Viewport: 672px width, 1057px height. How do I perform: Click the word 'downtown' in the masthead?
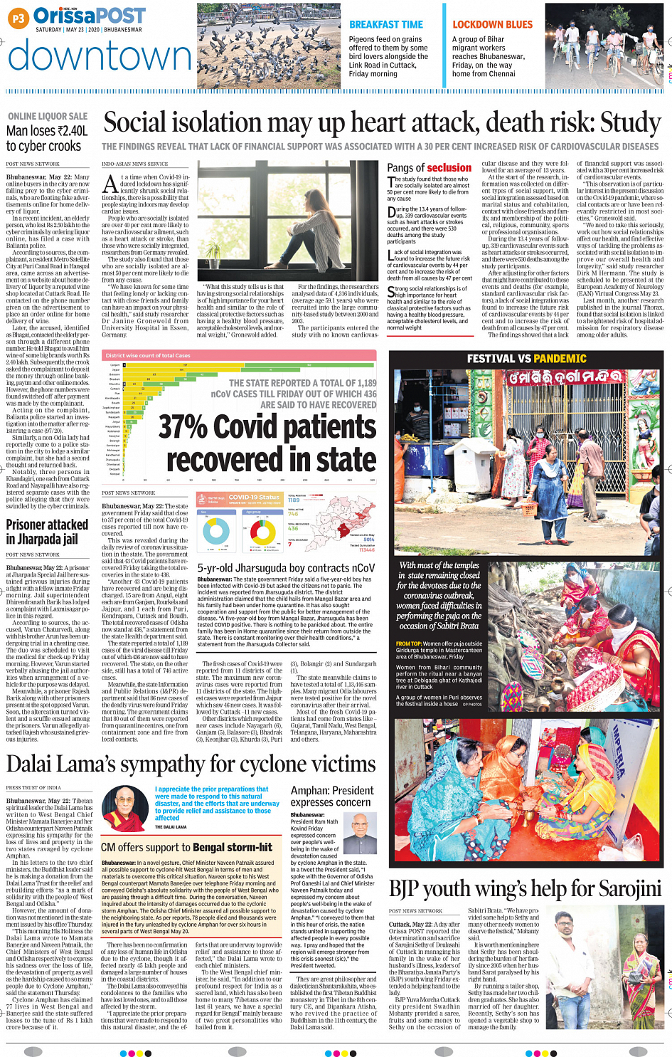pyautogui.click(x=100, y=56)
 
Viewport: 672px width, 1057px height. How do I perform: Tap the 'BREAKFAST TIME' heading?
pyautogui.click(x=385, y=24)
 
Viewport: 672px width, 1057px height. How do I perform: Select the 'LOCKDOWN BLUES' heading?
pyautogui.click(x=492, y=24)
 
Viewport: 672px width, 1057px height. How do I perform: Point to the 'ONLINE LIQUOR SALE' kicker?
pyautogui.click(x=48, y=116)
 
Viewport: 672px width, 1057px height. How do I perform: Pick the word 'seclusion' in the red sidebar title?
pyautogui.click(x=449, y=168)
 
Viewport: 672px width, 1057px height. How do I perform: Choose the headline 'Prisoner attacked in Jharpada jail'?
pyautogui.click(x=47, y=531)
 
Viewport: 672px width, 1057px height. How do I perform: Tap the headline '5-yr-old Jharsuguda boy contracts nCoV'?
pyautogui.click(x=285, y=568)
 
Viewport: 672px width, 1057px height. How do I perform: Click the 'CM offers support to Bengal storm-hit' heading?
pyautogui.click(x=186, y=847)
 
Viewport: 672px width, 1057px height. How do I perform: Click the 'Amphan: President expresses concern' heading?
pyautogui.click(x=331, y=796)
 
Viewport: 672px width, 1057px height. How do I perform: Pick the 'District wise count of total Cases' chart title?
pyautogui.click(x=148, y=355)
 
